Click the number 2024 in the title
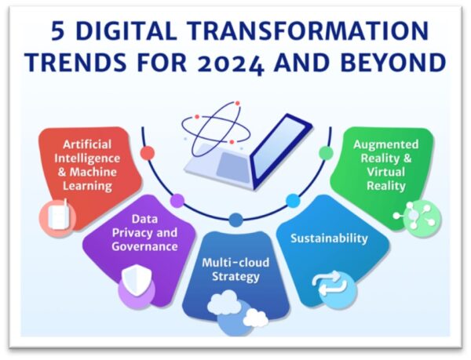coord(230,64)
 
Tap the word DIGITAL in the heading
coord(127,31)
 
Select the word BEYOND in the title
coord(393,63)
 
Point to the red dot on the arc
coord(148,153)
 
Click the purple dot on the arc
coord(177,201)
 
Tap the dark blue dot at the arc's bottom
coord(235,220)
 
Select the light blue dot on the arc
coord(293,201)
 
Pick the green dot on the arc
coord(326,153)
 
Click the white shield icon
coord(137,280)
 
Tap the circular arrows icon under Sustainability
coord(330,283)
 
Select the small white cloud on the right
coord(256,318)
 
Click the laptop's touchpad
coord(234,167)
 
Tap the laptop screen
coord(281,149)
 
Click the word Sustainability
coord(329,238)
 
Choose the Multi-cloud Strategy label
coord(235,270)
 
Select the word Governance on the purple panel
coord(144,246)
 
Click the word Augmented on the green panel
coord(386,145)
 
